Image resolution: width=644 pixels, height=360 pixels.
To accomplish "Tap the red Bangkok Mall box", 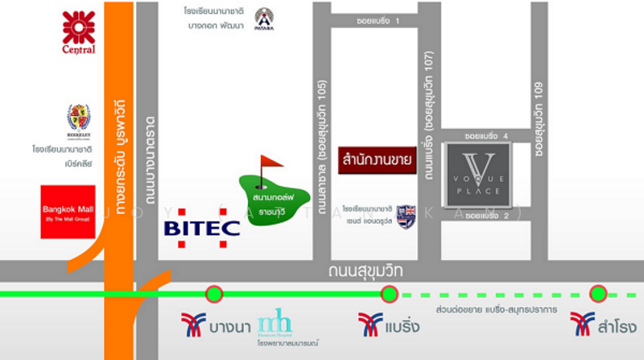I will coord(68,212).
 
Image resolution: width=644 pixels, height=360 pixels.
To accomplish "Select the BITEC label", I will coord(201,227).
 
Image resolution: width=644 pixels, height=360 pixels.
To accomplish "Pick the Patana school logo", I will coord(264,19).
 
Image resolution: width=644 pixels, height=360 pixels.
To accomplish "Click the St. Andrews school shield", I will coord(406,216).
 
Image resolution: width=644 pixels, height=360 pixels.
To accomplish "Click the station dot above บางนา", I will coord(214,294).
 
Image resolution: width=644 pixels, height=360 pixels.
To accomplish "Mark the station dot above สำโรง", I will coord(597,294).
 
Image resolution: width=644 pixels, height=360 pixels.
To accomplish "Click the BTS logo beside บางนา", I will coord(193,325).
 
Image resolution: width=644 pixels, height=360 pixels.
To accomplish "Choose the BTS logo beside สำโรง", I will coord(582,325).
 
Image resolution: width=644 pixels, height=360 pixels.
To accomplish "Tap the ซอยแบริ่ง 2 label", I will coord(487,216).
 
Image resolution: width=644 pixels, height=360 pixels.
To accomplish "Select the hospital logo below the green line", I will coord(275,323).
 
